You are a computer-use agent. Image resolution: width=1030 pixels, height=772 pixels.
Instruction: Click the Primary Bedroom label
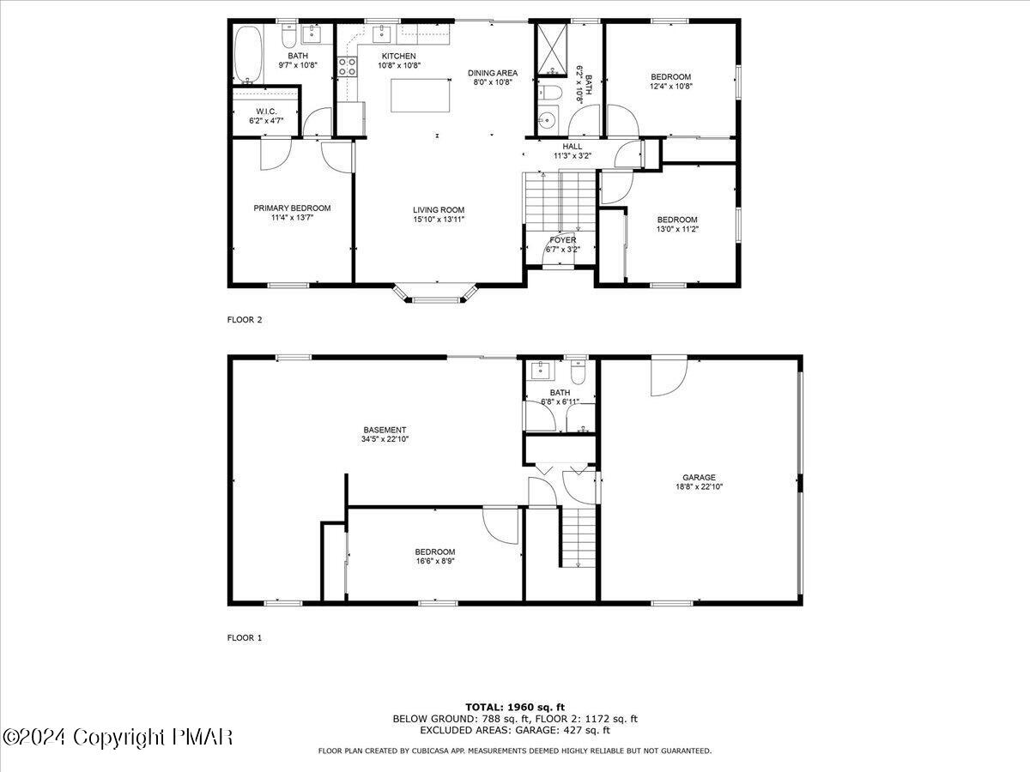click(x=292, y=208)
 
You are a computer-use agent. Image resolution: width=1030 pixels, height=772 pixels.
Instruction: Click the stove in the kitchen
click(x=348, y=66)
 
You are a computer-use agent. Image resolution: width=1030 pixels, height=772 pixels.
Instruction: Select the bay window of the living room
click(x=437, y=295)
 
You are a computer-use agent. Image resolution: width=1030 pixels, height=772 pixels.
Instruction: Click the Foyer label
click(x=563, y=239)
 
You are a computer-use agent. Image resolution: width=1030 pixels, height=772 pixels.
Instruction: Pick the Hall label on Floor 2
click(x=573, y=146)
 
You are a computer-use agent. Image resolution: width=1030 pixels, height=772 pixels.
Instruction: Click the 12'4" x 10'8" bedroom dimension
click(x=670, y=86)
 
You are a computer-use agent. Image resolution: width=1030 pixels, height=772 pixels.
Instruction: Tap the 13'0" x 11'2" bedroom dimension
click(x=677, y=229)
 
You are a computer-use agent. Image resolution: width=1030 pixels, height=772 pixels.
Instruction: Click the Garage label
click(x=699, y=478)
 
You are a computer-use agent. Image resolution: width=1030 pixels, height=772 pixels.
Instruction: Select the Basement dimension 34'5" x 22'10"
click(x=385, y=439)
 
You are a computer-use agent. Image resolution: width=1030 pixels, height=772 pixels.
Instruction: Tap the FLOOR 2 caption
click(x=245, y=320)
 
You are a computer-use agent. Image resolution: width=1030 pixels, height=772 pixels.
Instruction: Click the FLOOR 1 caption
click(x=245, y=637)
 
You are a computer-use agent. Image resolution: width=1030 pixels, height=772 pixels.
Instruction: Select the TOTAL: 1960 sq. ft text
click(x=514, y=707)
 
